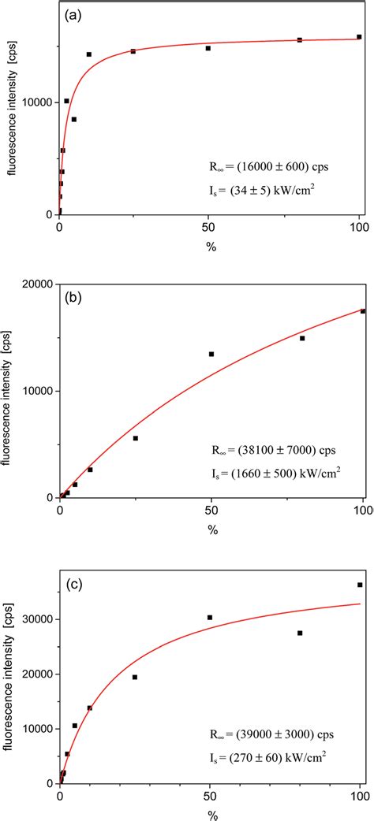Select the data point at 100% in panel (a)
tap(359, 37)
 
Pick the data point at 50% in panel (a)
tap(208, 48)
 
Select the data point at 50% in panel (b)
tap(211, 354)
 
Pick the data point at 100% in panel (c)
tap(360, 585)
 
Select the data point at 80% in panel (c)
tap(300, 633)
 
